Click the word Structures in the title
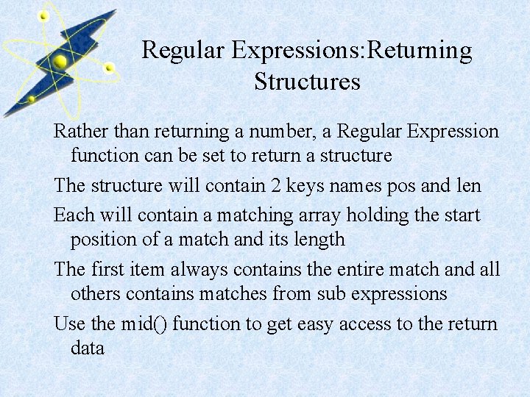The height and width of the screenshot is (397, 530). point(307,81)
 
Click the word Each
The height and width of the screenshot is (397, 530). point(72,215)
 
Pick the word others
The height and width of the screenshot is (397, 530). point(95,293)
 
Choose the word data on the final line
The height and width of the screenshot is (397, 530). point(88,348)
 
